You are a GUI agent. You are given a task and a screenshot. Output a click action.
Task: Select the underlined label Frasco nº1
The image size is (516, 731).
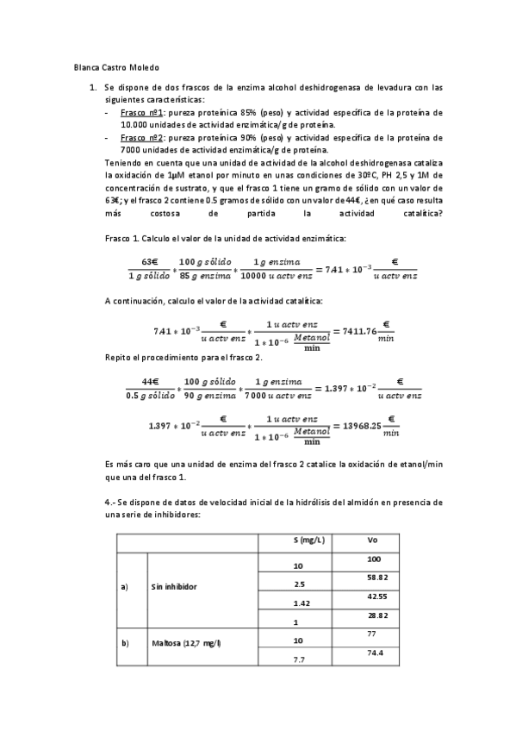[142, 112]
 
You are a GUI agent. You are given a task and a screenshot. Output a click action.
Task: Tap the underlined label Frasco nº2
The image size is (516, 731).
[142, 137]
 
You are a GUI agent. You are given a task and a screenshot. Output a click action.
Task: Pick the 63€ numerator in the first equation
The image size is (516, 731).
[150, 262]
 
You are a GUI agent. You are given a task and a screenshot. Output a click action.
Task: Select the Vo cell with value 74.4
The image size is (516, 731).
[375, 653]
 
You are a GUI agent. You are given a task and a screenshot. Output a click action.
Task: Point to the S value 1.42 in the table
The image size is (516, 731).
[301, 604]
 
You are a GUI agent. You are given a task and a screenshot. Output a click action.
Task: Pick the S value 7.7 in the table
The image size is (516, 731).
[298, 659]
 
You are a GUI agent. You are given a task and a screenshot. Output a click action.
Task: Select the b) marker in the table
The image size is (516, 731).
[124, 643]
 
